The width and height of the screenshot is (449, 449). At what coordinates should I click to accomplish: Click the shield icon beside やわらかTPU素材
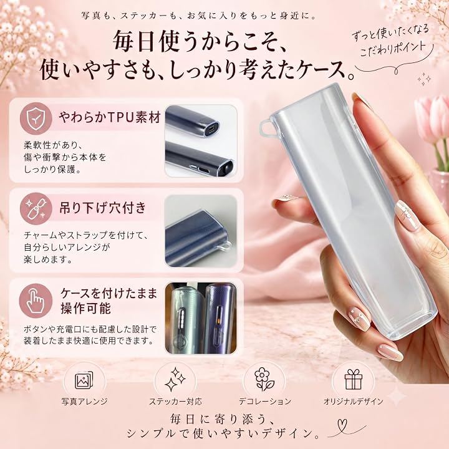pyautogui.click(x=36, y=118)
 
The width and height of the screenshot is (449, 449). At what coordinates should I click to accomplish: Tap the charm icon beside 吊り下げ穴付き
pyautogui.click(x=36, y=208)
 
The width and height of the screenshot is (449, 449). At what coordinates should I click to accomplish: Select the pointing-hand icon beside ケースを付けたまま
pyautogui.click(x=36, y=301)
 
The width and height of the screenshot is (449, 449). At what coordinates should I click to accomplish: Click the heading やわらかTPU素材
pyautogui.click(x=110, y=117)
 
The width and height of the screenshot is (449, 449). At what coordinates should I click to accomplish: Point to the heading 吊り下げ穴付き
pyautogui.click(x=103, y=208)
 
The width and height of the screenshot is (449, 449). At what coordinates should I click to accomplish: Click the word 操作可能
pyautogui.click(x=85, y=309)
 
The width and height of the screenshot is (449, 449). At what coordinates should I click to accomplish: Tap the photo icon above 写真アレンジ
pyautogui.click(x=84, y=380)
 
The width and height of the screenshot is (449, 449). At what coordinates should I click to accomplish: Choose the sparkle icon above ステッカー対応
pyautogui.click(x=175, y=379)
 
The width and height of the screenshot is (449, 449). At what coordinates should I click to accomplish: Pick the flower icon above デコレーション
pyautogui.click(x=264, y=379)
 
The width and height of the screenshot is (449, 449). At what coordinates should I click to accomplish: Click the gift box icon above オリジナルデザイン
pyautogui.click(x=354, y=379)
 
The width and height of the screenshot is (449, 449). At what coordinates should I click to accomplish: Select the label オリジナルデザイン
pyautogui.click(x=354, y=402)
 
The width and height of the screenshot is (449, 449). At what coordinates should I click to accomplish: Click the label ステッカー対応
pyautogui.click(x=175, y=402)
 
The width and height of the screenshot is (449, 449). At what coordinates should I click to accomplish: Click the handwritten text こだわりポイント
pyautogui.click(x=392, y=49)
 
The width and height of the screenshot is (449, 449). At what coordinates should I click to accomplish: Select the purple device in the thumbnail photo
pyautogui.click(x=221, y=318)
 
